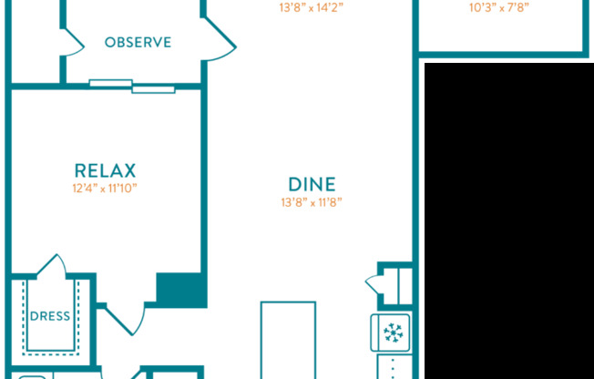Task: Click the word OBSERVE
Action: tap(138, 42)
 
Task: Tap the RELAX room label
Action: tap(105, 170)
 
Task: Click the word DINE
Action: tap(312, 183)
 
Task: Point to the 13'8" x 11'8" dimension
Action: tap(312, 202)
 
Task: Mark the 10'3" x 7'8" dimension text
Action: tap(498, 7)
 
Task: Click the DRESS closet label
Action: tap(50, 316)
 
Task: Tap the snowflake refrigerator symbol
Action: tap(393, 333)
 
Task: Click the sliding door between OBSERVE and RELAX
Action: tap(132, 87)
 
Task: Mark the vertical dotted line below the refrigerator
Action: tap(393, 367)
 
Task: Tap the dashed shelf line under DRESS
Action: tap(50, 349)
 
